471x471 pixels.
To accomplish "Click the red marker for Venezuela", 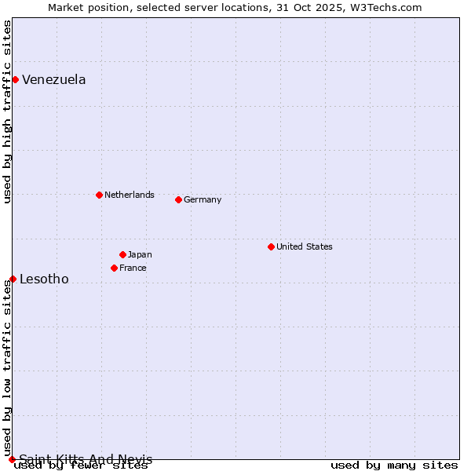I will tap(15, 79).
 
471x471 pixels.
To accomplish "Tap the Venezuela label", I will tap(54, 79).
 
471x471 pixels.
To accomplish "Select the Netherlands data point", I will tap(99, 195).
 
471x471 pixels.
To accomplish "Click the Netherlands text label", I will tap(130, 195).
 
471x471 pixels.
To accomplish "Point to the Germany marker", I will tap(178, 199).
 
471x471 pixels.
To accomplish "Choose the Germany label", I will tap(203, 199).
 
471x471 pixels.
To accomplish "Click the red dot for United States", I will tap(271, 246).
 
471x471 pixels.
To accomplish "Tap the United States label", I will tap(305, 246).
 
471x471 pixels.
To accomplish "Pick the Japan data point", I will tap(122, 254).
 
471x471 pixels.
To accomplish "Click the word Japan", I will tap(140, 254).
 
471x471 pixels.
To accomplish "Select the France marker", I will tap(114, 268).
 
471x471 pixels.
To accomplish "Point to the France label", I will tap(133, 268).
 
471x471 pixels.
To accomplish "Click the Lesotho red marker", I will tap(13, 279).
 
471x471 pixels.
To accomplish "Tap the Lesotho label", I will tap(44, 279).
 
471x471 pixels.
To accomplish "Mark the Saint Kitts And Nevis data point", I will tap(12, 459).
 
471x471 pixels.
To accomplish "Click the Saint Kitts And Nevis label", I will tap(86, 459).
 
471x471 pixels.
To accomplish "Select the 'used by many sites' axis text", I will tap(394, 466).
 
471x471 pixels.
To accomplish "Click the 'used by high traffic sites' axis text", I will tap(7, 111).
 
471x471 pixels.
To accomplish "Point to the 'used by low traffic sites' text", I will tap(7, 369).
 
